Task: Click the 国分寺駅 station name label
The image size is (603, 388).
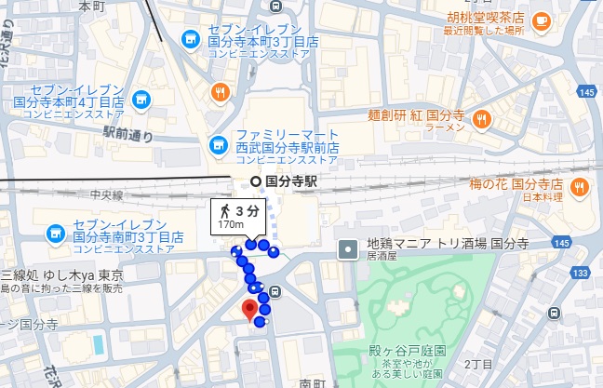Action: pyautogui.click(x=291, y=181)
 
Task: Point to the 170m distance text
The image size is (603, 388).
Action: pyautogui.click(x=231, y=223)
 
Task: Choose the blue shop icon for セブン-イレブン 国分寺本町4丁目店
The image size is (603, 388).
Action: pyautogui.click(x=141, y=97)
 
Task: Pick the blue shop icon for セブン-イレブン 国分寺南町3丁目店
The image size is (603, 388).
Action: pyautogui.click(x=54, y=230)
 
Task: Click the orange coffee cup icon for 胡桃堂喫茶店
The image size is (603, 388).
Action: pyautogui.click(x=540, y=19)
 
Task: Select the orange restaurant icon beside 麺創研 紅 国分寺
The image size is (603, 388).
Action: pyautogui.click(x=481, y=118)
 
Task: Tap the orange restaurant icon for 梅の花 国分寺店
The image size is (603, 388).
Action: pyautogui.click(x=578, y=185)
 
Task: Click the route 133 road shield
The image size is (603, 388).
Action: pyautogui.click(x=582, y=273)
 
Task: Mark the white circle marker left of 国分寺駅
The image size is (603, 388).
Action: pyautogui.click(x=255, y=181)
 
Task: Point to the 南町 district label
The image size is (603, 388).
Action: pyautogui.click(x=310, y=381)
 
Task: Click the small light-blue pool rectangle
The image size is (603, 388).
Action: pyautogui.click(x=99, y=344)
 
